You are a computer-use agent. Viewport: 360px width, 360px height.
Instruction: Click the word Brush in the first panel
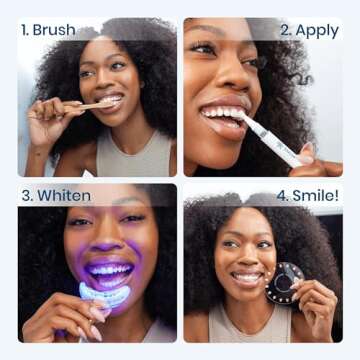pos(54,29)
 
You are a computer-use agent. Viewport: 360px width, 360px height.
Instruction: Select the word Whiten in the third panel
pos(66,195)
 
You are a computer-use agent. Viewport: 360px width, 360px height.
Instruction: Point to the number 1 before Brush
pos(24,29)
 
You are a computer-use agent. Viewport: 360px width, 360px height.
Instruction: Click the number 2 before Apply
pos(285,29)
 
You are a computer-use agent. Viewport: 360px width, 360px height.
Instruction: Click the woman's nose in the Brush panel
pos(109,82)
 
